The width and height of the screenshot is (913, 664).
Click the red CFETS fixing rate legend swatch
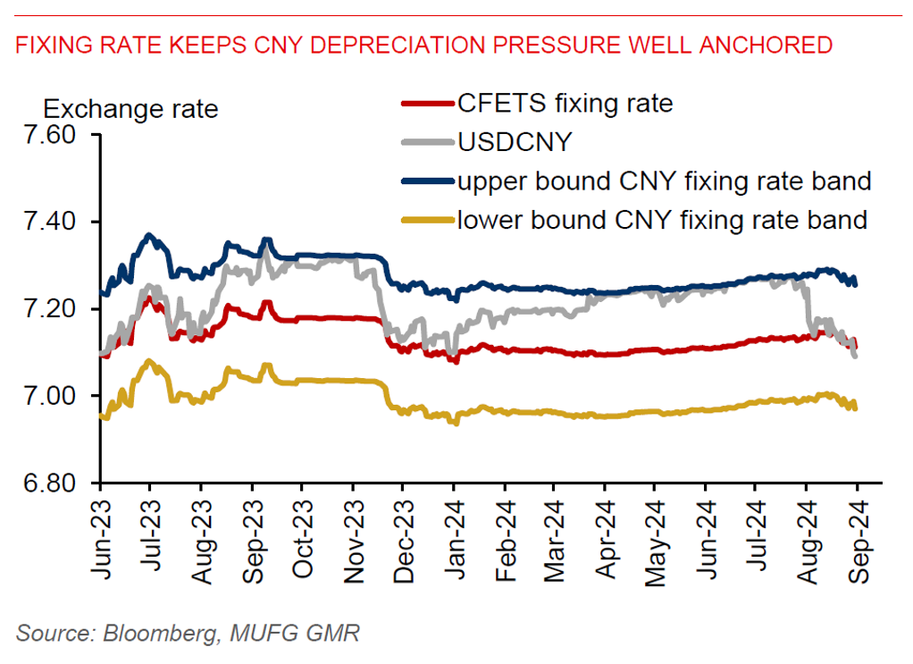click(x=427, y=105)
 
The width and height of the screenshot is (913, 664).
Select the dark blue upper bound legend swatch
click(x=427, y=181)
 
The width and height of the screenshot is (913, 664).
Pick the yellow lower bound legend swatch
click(x=427, y=220)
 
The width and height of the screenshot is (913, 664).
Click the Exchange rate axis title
click(x=130, y=110)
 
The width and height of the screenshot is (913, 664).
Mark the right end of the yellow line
click(x=856, y=408)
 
